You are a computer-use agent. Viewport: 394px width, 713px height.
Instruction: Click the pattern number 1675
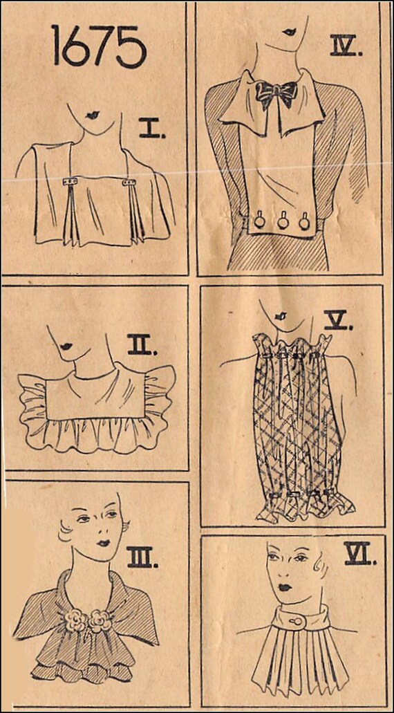(100, 46)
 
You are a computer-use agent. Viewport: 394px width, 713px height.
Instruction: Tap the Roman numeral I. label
(152, 129)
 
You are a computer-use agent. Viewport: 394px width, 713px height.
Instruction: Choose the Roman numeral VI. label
(360, 555)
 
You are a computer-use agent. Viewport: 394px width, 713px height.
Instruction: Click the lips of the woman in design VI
(285, 587)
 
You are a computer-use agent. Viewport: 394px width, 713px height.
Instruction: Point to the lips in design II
(67, 346)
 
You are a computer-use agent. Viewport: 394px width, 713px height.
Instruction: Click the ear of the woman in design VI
(323, 564)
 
